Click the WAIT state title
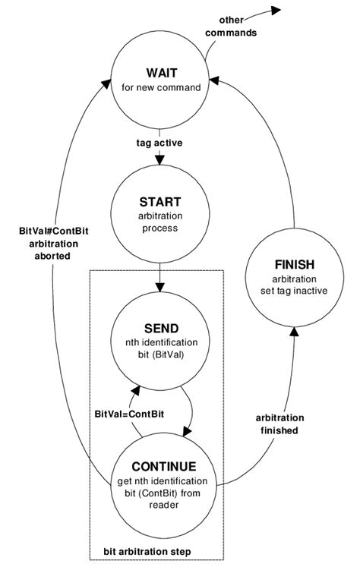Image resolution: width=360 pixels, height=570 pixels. click(x=160, y=71)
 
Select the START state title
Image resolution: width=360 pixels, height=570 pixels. click(x=160, y=202)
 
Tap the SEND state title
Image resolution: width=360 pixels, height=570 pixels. click(x=160, y=328)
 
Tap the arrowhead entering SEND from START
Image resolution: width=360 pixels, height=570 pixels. click(x=160, y=288)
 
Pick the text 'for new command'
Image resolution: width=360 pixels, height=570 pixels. click(x=160, y=87)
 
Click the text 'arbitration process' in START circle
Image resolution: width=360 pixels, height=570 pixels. click(x=160, y=222)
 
